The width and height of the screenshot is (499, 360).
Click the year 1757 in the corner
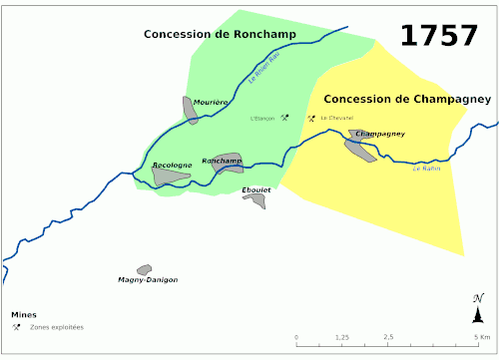click(438, 35)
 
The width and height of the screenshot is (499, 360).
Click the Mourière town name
click(212, 102)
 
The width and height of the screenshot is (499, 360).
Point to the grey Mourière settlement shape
click(190, 109)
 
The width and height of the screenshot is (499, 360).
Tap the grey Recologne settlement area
click(169, 177)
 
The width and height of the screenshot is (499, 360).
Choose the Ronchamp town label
click(222, 160)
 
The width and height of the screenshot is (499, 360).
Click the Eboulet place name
click(256, 189)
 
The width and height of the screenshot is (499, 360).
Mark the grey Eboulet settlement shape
click(257, 200)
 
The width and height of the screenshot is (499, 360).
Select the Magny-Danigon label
click(148, 279)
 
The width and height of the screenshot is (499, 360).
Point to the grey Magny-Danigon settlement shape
click(145, 269)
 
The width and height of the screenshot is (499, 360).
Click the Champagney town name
click(380, 133)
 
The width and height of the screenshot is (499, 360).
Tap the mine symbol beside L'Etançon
click(284, 118)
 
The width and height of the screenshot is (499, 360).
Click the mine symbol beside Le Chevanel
click(311, 118)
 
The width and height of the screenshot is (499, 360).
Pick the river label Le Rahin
click(426, 168)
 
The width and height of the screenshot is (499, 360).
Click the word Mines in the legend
click(24, 315)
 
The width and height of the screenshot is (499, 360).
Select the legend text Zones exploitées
click(57, 327)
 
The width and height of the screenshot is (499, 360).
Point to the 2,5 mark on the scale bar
click(387, 337)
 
